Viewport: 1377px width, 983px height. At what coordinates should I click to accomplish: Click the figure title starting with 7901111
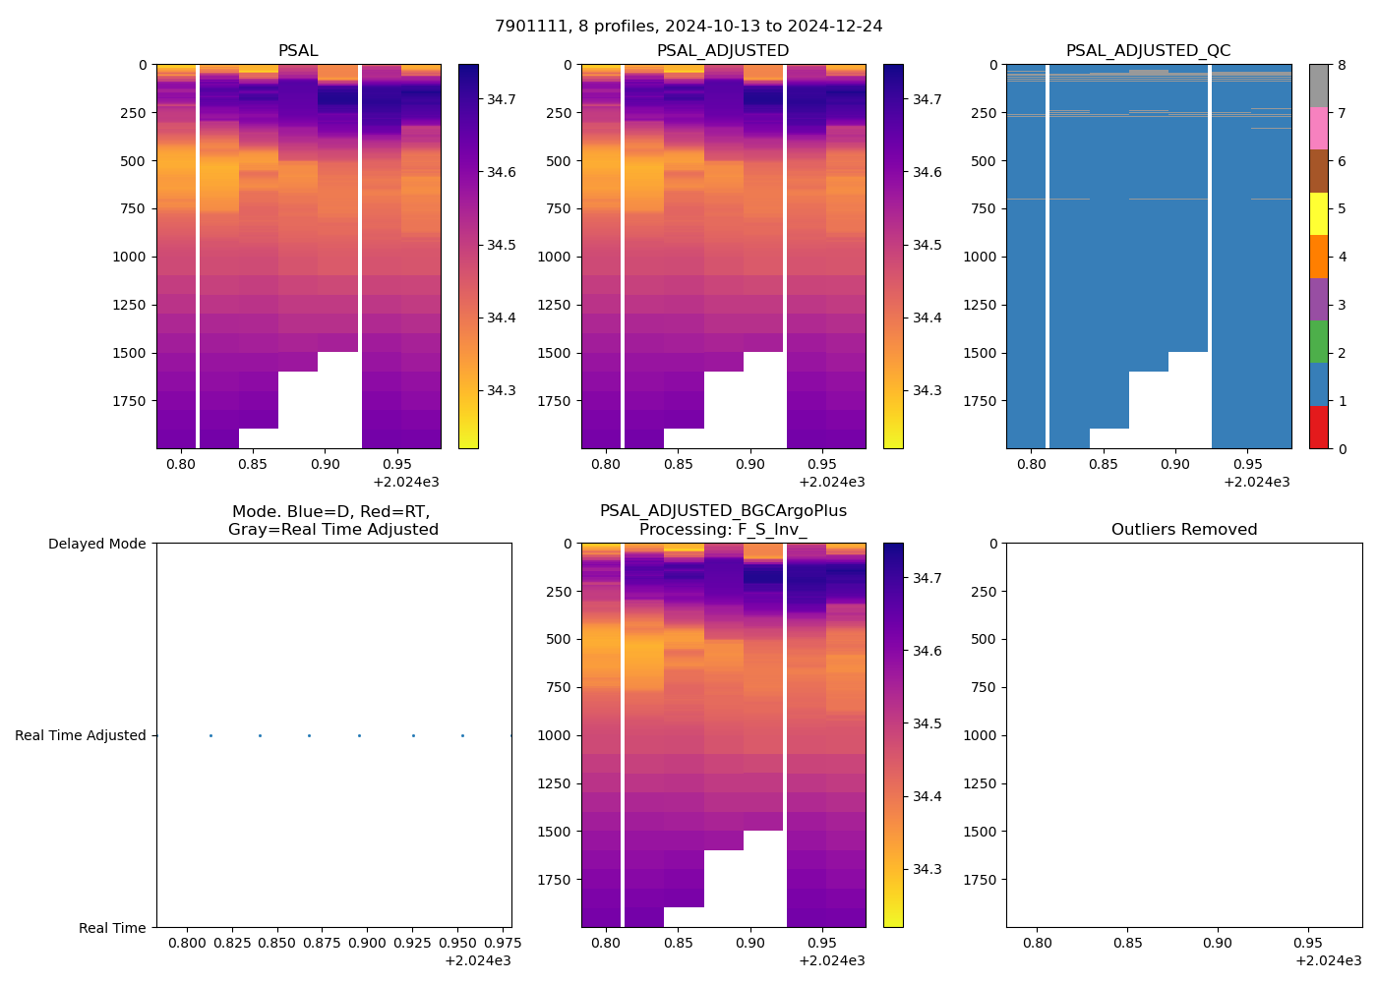coord(688,26)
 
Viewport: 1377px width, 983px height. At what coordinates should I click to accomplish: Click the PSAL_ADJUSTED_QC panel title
coord(1148,51)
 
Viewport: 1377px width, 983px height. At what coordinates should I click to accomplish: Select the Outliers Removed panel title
coord(1183,530)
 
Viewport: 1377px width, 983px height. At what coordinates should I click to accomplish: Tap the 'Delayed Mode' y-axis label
coord(96,544)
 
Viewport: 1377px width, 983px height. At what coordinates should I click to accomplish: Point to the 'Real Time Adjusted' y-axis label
coord(81,735)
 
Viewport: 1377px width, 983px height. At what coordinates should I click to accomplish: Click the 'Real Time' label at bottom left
coord(112,928)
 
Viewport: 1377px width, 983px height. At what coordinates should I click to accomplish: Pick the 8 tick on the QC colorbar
coord(1342,65)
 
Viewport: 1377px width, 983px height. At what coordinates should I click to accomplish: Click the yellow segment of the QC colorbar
coord(1318,213)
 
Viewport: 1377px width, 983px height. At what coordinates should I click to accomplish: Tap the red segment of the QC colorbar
coord(1318,427)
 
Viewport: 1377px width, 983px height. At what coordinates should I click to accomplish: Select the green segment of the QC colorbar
coord(1318,341)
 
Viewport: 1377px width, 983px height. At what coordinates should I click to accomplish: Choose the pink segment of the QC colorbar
coord(1318,128)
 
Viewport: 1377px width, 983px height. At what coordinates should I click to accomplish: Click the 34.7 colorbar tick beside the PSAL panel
coord(502,99)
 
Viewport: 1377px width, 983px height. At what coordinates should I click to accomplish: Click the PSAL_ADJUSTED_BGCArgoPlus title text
coord(723,511)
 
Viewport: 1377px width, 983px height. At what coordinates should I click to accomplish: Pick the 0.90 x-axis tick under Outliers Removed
coord(1218,943)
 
